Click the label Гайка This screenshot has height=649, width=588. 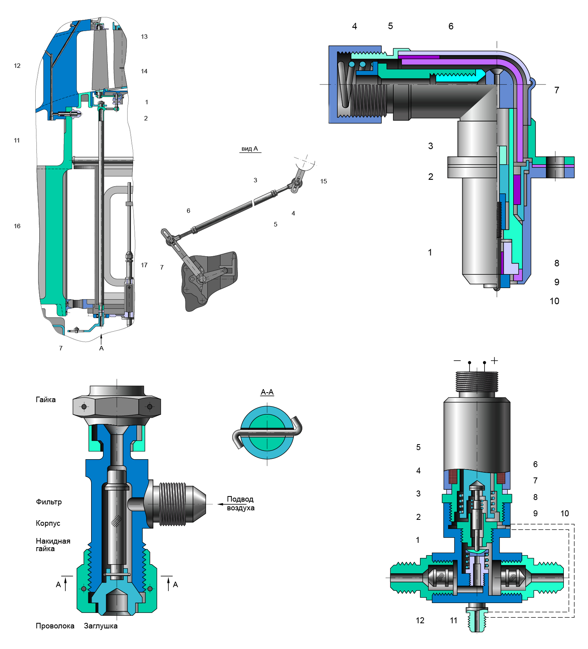46,399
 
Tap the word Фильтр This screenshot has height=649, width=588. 49,502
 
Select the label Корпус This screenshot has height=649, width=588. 48,523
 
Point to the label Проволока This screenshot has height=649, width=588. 55,626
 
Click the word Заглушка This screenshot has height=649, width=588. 101,626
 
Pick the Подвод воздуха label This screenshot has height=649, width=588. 241,503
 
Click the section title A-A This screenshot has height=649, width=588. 267,392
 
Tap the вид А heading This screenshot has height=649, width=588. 250,149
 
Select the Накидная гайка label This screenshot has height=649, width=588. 53,545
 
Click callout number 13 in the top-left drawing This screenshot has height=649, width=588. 144,36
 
